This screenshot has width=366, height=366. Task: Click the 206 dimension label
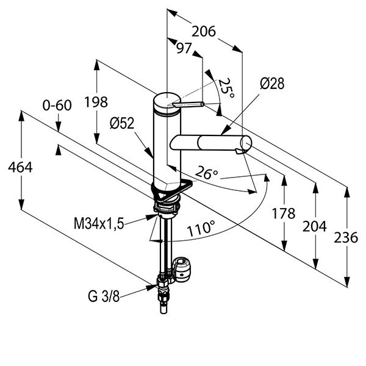(204, 31)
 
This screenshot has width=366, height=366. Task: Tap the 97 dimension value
(184, 49)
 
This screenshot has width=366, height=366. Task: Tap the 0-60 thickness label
(57, 105)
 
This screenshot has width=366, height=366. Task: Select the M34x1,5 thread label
(99, 224)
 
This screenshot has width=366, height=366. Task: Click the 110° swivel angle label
(201, 230)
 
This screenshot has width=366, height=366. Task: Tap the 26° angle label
(207, 174)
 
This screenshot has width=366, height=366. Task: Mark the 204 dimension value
(315, 226)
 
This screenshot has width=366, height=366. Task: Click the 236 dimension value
(346, 237)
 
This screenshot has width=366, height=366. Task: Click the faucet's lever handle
(189, 105)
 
